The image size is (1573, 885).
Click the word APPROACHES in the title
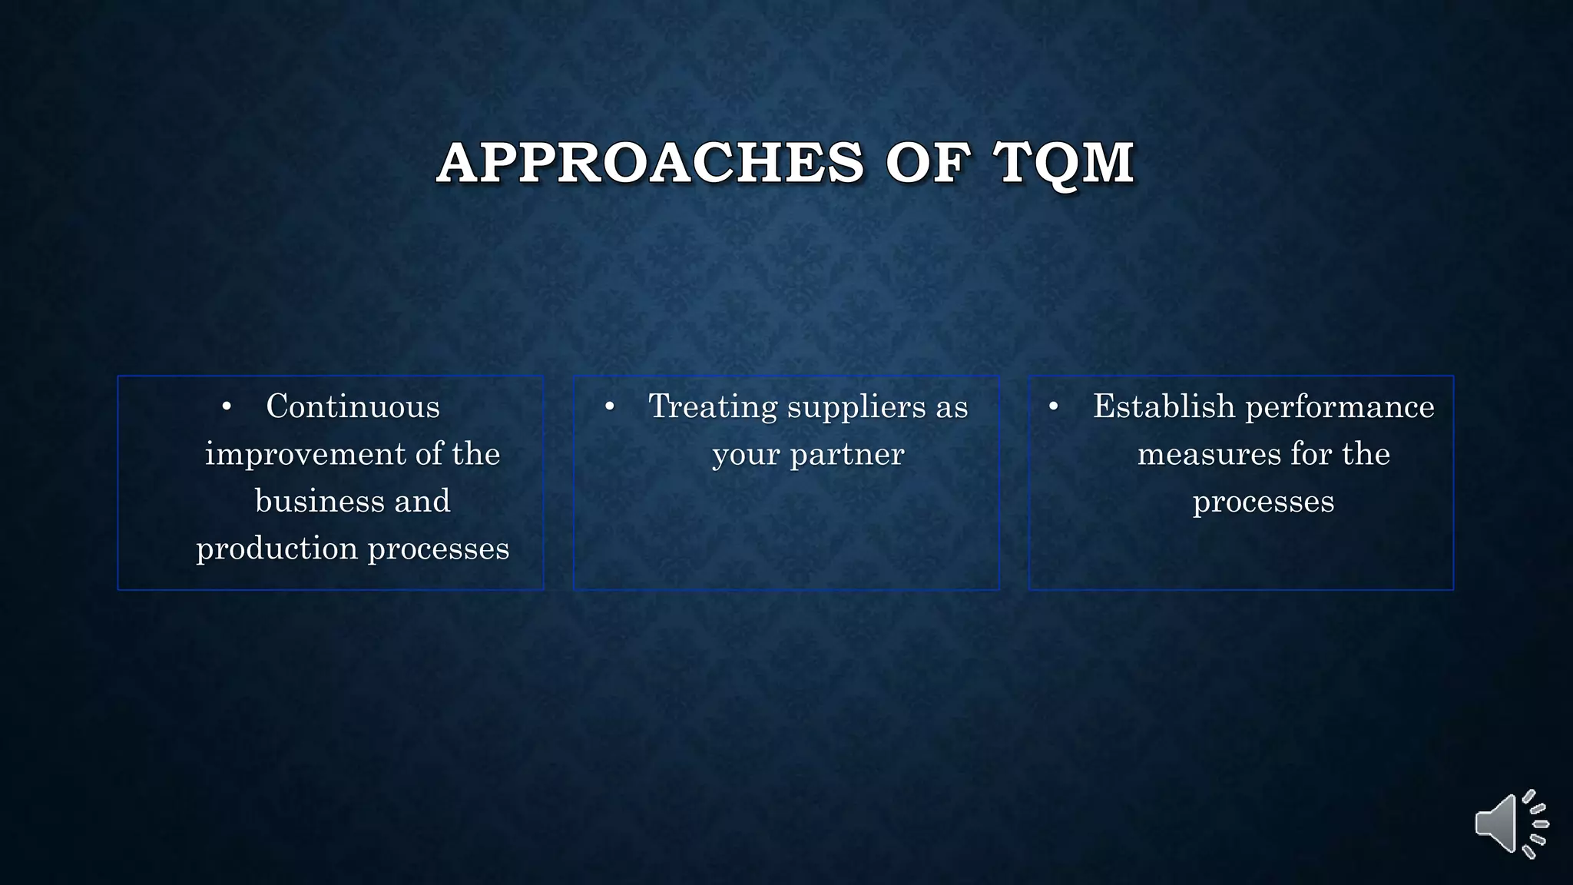[x=651, y=163]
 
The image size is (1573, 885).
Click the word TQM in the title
[x=1063, y=163]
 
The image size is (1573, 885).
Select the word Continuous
[x=353, y=406]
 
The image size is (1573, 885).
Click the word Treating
[x=713, y=406]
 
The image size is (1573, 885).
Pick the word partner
[x=847, y=454]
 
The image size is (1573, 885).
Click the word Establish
[x=1164, y=406]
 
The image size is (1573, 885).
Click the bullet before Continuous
[x=226, y=407]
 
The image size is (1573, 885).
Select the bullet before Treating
[x=609, y=407]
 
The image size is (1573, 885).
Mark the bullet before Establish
[x=1054, y=407]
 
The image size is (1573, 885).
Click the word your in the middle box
[x=744, y=454]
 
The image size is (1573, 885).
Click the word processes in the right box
[x=1263, y=502]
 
